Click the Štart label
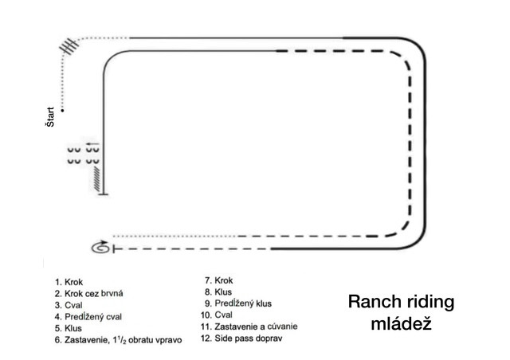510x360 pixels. click(x=50, y=117)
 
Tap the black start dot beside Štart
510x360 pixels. click(x=62, y=111)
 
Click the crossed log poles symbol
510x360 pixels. click(x=69, y=46)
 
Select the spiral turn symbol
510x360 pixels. click(x=100, y=248)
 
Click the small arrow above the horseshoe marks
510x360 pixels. click(x=92, y=143)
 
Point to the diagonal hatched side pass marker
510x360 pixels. click(x=97, y=179)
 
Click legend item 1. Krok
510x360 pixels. click(x=69, y=282)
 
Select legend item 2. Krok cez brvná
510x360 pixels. click(x=88, y=294)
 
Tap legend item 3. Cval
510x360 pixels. click(x=69, y=305)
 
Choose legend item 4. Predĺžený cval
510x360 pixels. click(x=88, y=317)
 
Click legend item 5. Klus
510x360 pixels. click(x=69, y=328)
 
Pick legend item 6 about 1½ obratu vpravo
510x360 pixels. click(x=119, y=340)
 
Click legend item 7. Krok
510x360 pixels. click(x=219, y=280)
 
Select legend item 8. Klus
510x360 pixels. click(x=218, y=292)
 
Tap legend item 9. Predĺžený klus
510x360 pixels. click(x=238, y=303)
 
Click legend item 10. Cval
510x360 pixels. click(x=217, y=315)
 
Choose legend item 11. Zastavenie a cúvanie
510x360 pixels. click(x=249, y=327)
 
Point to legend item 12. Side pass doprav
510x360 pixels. click(x=241, y=338)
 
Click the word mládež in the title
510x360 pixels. click(x=401, y=323)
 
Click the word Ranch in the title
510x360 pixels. click(x=371, y=302)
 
